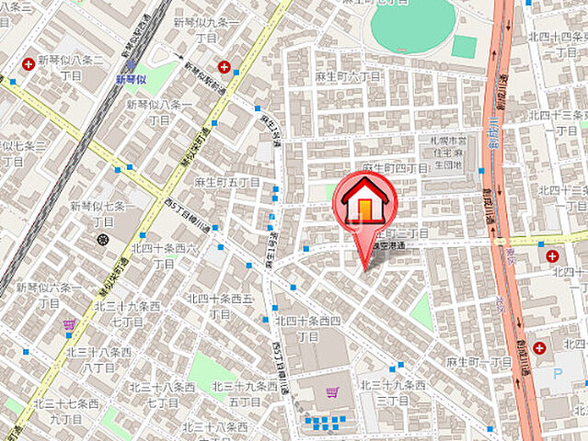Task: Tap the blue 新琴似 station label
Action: (x=133, y=80)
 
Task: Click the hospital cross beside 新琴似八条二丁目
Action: (x=29, y=63)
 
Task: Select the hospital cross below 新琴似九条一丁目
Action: (x=225, y=65)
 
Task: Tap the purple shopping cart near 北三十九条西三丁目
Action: (x=330, y=392)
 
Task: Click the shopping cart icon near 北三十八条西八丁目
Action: (x=69, y=324)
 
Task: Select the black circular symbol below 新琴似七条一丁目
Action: (x=101, y=240)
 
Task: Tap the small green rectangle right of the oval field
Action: (x=464, y=46)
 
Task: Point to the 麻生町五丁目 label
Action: (x=227, y=182)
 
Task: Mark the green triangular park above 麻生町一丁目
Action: (x=421, y=312)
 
